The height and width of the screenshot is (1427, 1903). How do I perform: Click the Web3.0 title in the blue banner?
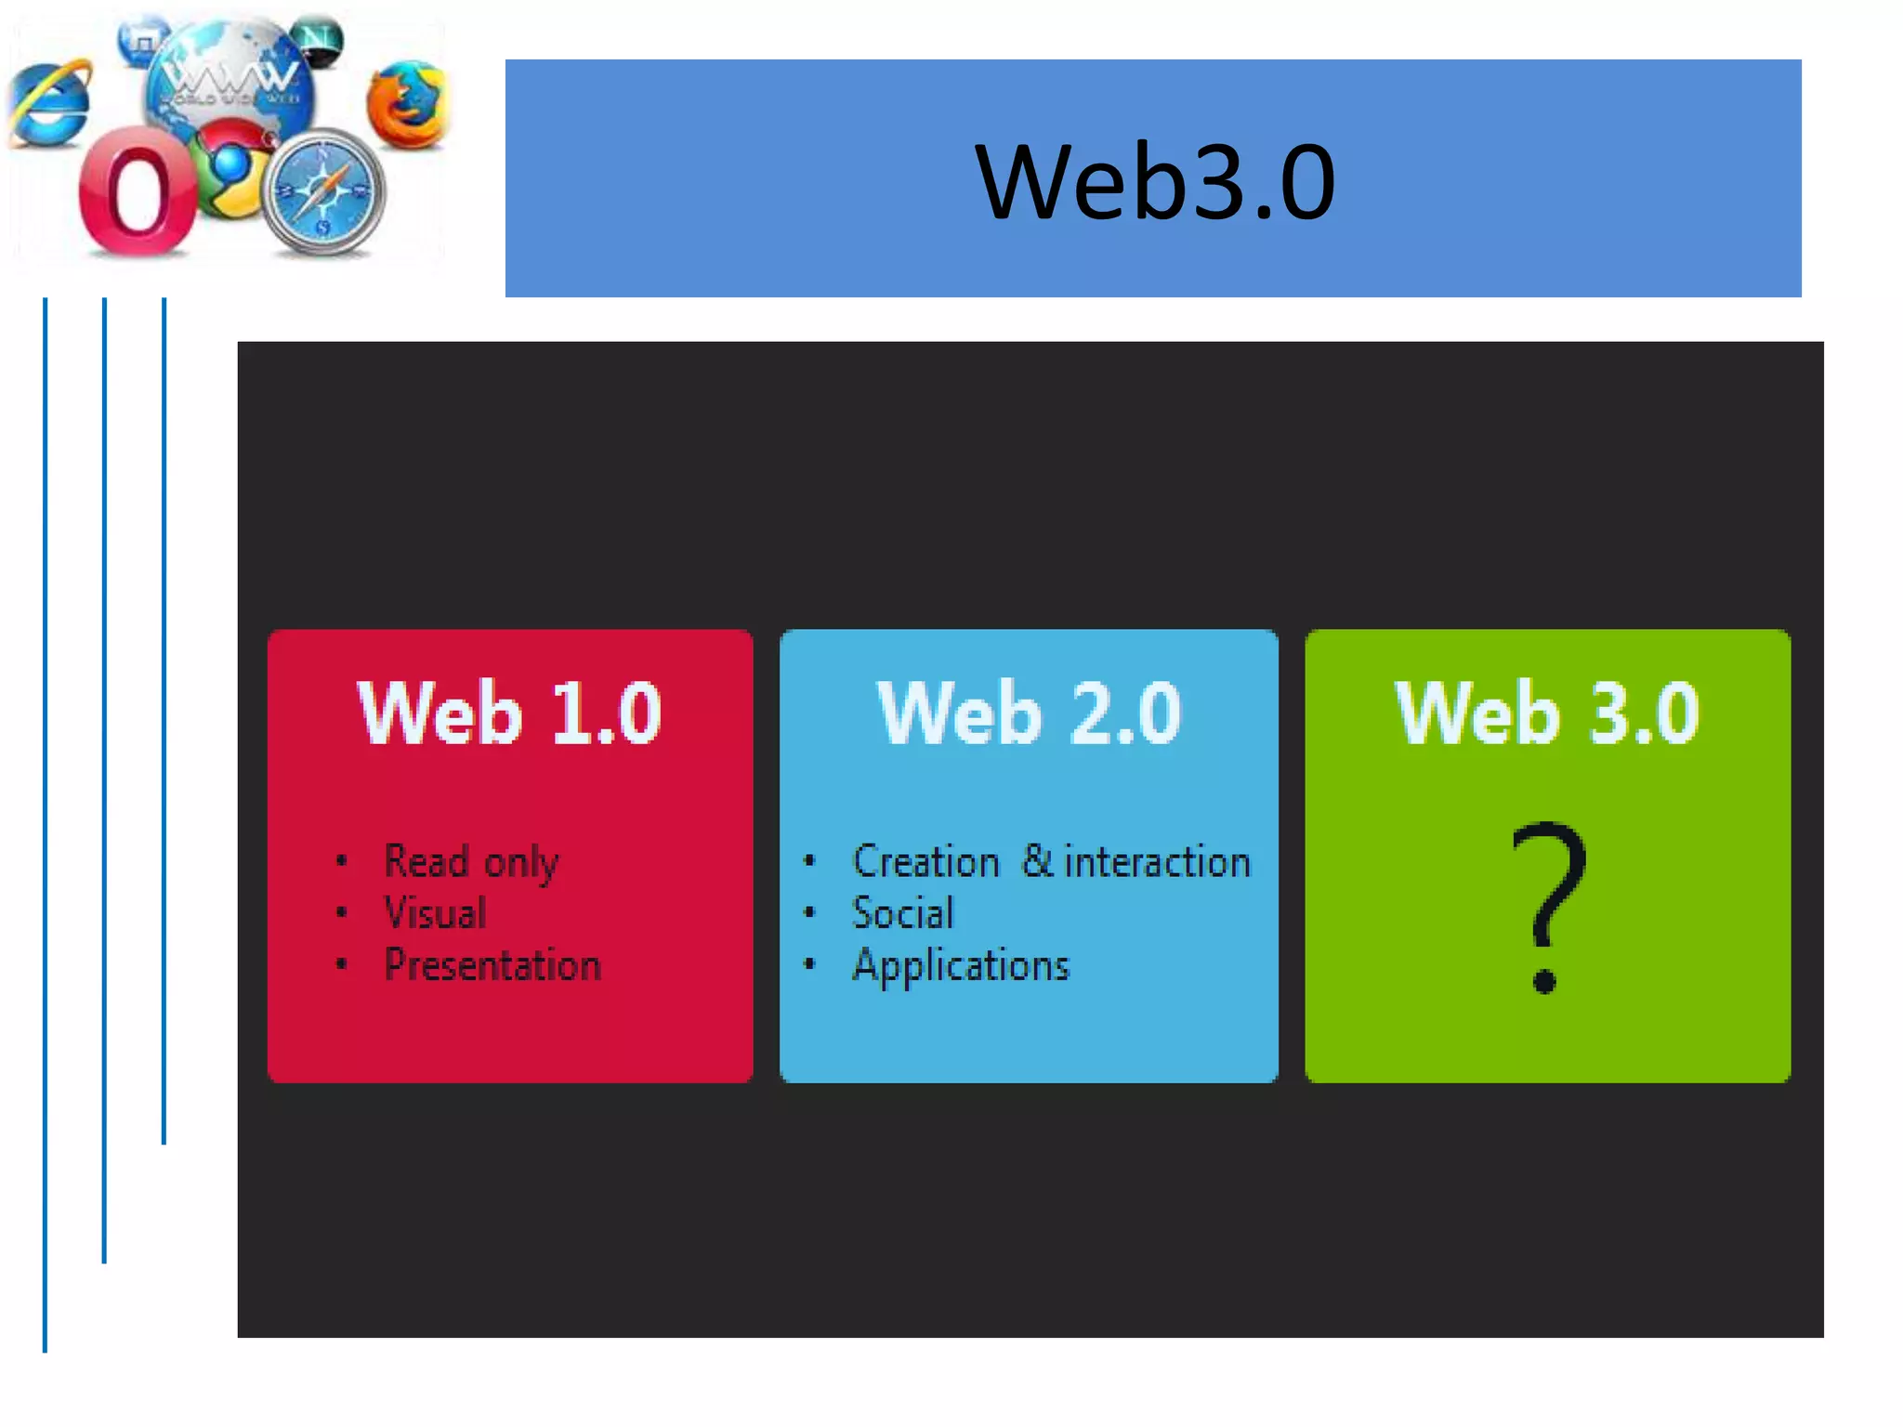coord(1155,181)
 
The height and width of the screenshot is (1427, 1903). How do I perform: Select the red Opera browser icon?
coord(138,193)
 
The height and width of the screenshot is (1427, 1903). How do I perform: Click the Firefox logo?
coord(406,104)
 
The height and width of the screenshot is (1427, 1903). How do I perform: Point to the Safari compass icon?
coord(324,193)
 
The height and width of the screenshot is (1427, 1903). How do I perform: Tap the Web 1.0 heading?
coord(509,713)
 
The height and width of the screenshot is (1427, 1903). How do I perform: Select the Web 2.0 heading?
coord(1029,713)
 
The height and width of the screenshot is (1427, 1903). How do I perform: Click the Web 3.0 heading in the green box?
coord(1547,713)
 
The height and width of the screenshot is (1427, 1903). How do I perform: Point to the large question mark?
coord(1547,906)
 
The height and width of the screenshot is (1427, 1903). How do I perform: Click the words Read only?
coord(471,862)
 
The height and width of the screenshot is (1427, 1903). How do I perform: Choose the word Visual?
coord(435,913)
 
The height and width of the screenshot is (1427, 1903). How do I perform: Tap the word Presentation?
coord(492,965)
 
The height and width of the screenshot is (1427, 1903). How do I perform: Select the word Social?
coord(902,913)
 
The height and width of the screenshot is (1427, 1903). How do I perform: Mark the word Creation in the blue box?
coord(925,862)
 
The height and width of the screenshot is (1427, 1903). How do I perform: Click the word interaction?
coord(1157,862)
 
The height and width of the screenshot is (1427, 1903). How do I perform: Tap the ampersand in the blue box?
coord(1036,860)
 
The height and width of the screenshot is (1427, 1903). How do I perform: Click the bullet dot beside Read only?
coord(342,861)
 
